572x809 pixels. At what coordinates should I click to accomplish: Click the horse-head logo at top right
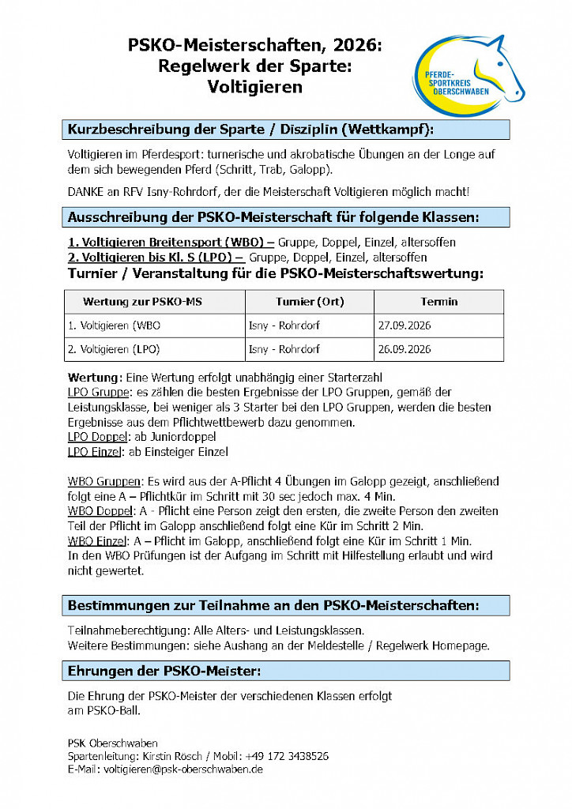[468, 75]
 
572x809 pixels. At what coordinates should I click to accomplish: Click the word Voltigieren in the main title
[254, 87]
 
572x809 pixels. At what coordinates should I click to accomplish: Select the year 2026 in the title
[354, 47]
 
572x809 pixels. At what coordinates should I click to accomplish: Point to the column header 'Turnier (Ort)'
[310, 302]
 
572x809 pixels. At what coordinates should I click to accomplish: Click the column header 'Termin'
[438, 302]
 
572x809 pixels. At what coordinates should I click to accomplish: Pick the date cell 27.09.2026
[405, 325]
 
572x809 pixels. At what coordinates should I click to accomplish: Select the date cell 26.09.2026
[405, 349]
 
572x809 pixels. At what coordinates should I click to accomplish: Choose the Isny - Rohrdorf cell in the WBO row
[284, 325]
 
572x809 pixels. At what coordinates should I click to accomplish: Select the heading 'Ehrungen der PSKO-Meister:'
[164, 671]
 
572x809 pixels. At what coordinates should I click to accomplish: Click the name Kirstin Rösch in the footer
[166, 756]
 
